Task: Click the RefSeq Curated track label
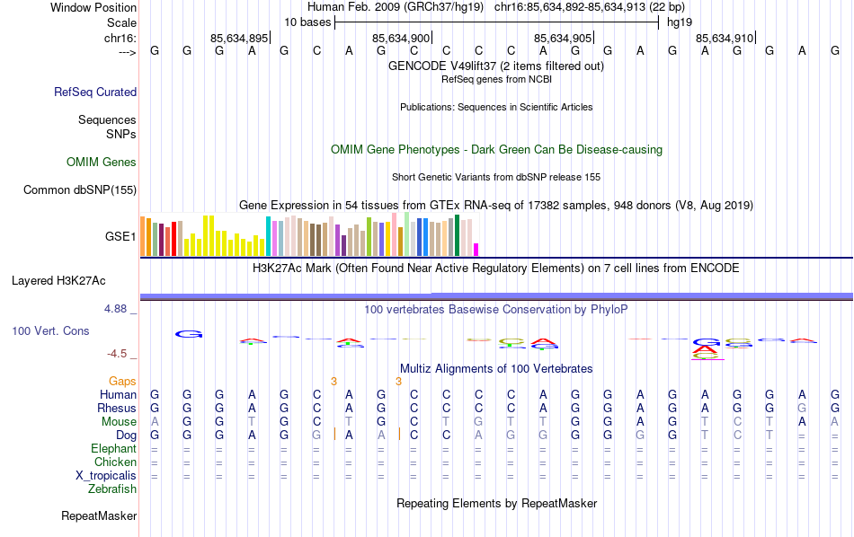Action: [x=95, y=92]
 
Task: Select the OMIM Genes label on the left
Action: [x=102, y=163]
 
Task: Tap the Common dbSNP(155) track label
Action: [x=80, y=189]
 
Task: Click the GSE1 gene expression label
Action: [x=120, y=237]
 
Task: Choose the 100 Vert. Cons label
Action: [x=50, y=331]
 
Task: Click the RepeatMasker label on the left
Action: [x=99, y=516]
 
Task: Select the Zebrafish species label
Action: [x=112, y=489]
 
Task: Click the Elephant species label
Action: [x=113, y=449]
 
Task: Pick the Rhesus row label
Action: [x=116, y=409]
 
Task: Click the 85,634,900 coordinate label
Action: [x=401, y=39]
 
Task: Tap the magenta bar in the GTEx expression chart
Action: [x=476, y=250]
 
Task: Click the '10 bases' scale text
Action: [x=307, y=22]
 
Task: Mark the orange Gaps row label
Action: [x=122, y=382]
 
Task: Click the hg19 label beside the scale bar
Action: [x=679, y=22]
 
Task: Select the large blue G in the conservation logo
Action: [x=189, y=334]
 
